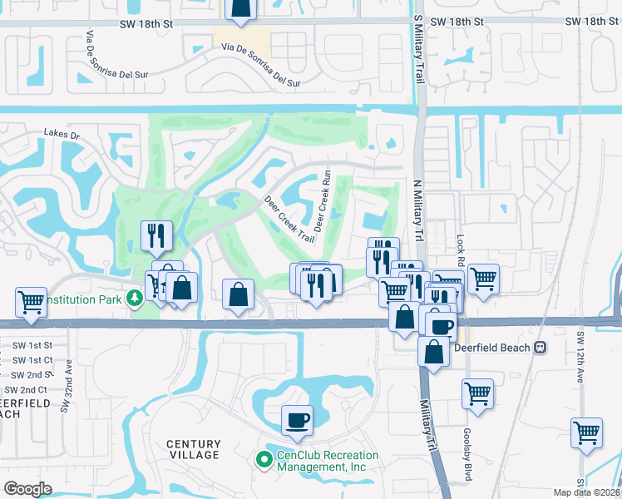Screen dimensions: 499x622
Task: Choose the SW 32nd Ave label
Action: [x=65, y=386]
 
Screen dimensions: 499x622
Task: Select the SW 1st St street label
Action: [x=32, y=345]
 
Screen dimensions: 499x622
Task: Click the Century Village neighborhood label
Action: [x=192, y=450]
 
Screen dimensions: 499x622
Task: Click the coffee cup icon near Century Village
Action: [x=297, y=420]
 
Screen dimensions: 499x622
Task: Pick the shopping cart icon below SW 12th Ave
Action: [x=587, y=432]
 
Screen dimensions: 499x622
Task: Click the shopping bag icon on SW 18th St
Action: [x=239, y=8]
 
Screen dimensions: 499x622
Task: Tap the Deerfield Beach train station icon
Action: [x=541, y=347]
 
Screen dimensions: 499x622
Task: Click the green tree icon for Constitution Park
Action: [x=134, y=298]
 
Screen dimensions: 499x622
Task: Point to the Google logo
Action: [x=27, y=488]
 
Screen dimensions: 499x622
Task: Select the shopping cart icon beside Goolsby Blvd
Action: [x=477, y=393]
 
